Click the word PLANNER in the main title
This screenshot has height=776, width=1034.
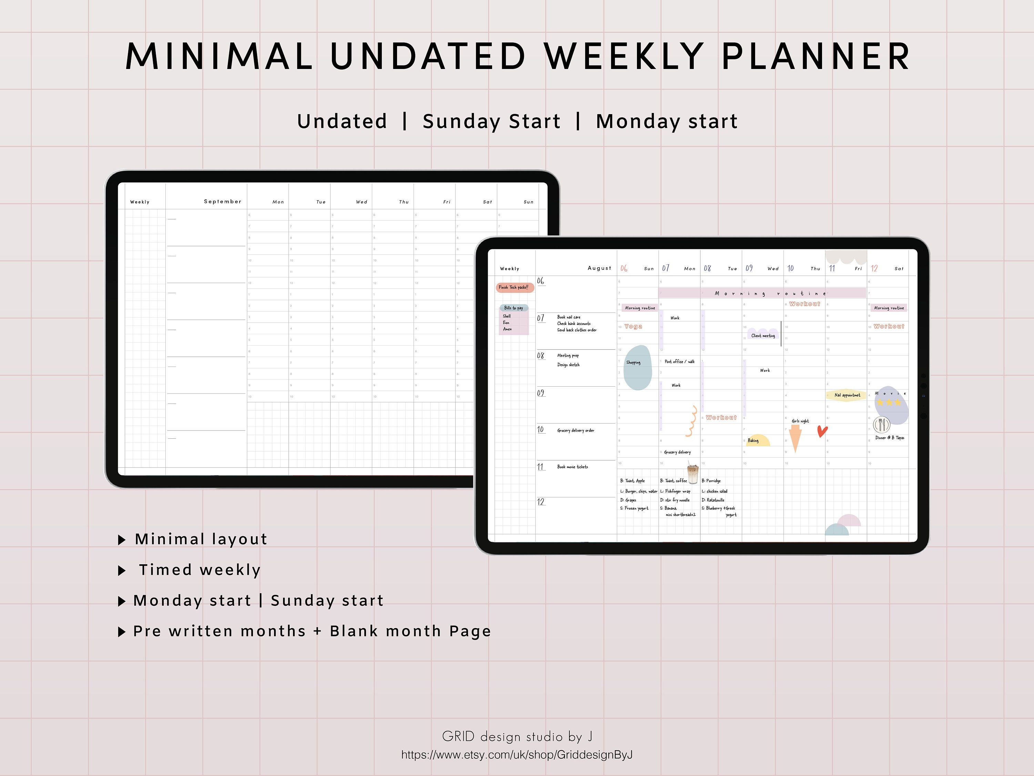pyautogui.click(x=816, y=57)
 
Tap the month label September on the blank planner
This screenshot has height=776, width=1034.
pyautogui.click(x=223, y=202)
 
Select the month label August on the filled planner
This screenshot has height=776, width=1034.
pyautogui.click(x=599, y=268)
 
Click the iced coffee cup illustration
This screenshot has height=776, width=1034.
pyautogui.click(x=693, y=474)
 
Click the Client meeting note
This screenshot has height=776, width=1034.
pyautogui.click(x=763, y=335)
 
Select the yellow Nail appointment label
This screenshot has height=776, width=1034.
pyautogui.click(x=847, y=395)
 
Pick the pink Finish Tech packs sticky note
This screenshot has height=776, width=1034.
pyautogui.click(x=514, y=287)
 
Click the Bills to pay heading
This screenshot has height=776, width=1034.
pyautogui.click(x=513, y=308)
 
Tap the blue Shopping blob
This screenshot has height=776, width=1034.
pyautogui.click(x=637, y=367)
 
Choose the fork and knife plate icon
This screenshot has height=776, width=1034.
pyautogui.click(x=881, y=424)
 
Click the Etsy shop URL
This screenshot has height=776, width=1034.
pyautogui.click(x=517, y=755)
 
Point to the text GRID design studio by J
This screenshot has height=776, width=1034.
pyautogui.click(x=517, y=737)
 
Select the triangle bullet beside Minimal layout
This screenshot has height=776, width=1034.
pyautogui.click(x=122, y=540)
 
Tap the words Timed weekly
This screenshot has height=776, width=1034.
pyautogui.click(x=200, y=570)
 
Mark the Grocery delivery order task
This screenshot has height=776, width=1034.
pyautogui.click(x=576, y=430)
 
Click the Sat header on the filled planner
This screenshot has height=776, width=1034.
pyautogui.click(x=899, y=268)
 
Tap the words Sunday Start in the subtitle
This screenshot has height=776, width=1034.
pyautogui.click(x=491, y=121)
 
